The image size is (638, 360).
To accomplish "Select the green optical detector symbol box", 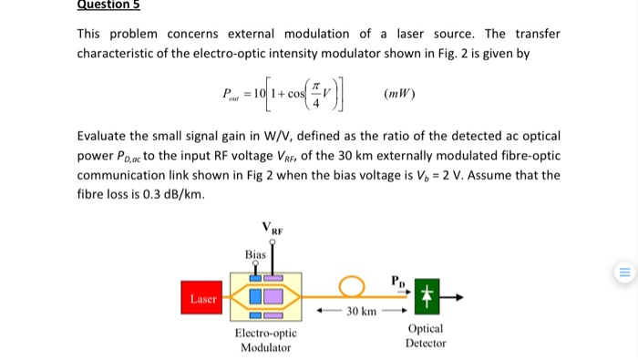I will tap(426, 296).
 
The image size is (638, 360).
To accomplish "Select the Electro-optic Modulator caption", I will tap(264, 340).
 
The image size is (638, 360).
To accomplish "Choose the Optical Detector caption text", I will tap(426, 335).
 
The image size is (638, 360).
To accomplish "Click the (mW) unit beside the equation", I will tap(400, 94).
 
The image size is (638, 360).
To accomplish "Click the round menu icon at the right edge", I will tap(624, 271).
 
